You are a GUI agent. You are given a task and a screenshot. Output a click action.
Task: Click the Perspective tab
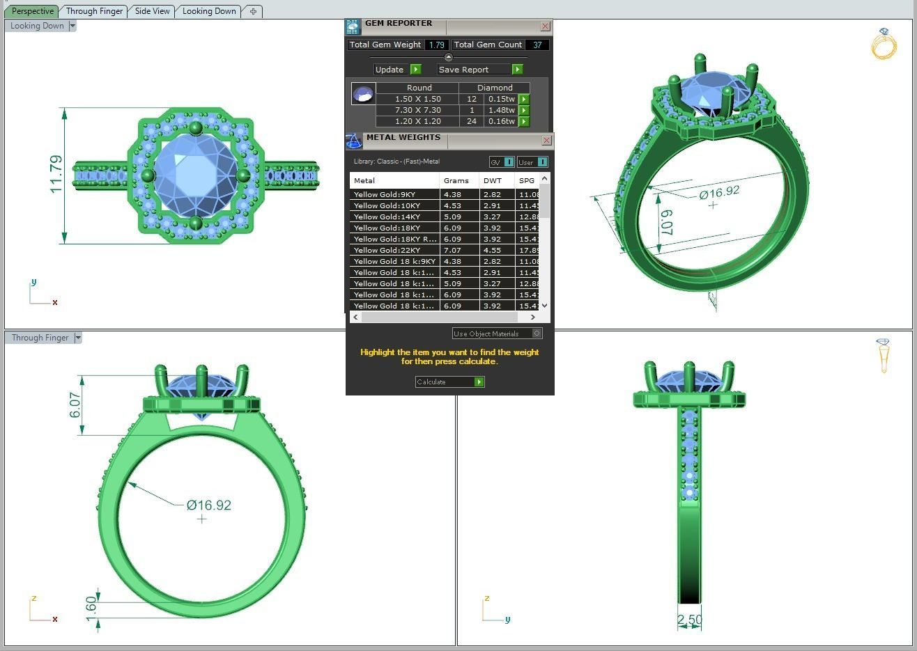coord(33,11)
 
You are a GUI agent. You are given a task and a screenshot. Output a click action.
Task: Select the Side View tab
coord(152,11)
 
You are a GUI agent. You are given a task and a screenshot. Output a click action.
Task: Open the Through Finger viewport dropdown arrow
coord(78,338)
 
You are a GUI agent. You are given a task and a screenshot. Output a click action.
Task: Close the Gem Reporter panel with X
coord(546,26)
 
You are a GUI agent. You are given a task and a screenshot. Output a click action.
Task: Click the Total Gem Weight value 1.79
coord(436,45)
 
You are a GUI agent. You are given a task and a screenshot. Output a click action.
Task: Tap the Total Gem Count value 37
coord(537,45)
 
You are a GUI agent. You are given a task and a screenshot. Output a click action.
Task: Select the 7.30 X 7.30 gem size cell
coord(417,110)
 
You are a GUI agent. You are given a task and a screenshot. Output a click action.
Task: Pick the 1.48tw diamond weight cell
coord(501,110)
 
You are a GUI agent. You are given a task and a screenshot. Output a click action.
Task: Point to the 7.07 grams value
coord(452,250)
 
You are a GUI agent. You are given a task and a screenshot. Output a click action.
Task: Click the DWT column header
coord(492,180)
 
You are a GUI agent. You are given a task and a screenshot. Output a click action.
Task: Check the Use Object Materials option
coord(537,334)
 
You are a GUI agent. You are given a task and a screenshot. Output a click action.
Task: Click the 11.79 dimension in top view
coord(56,174)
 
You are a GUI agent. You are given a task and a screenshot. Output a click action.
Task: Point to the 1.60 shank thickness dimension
coord(91,604)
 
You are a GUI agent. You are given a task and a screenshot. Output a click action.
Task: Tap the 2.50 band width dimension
coord(689,619)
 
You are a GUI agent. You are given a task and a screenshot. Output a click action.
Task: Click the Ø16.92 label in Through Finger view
coord(209,505)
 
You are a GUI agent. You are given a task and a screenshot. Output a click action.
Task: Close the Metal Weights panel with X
coord(546,141)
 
